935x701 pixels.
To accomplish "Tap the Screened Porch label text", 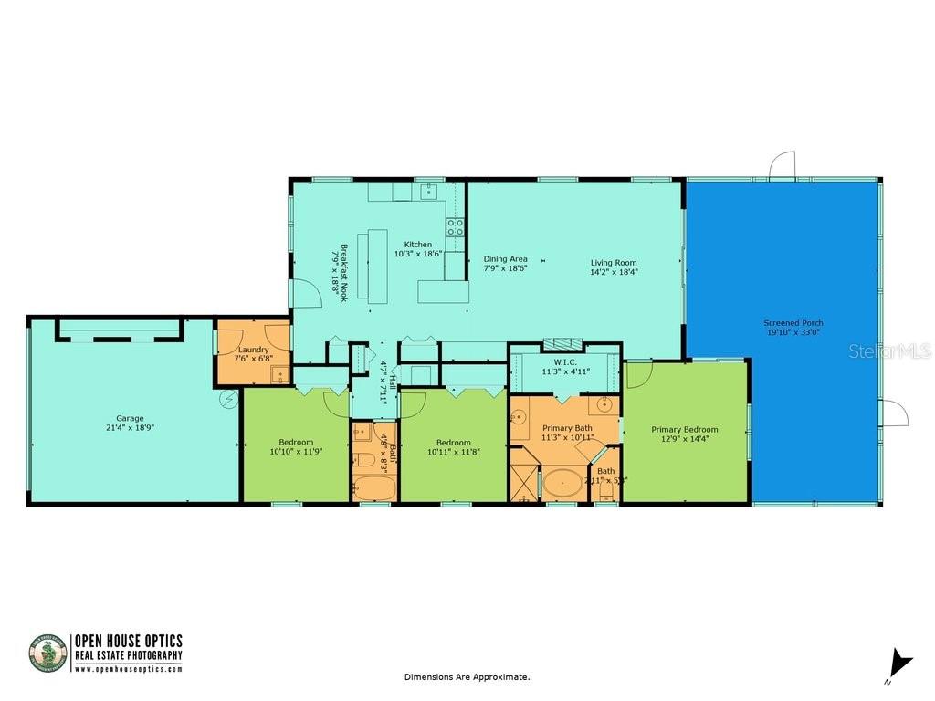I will point(793,323).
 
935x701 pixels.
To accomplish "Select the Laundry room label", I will point(253,350).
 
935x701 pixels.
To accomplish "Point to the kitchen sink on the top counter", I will point(428,193).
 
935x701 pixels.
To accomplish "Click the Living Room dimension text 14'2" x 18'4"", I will point(614,271).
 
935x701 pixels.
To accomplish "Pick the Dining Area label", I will point(505,259).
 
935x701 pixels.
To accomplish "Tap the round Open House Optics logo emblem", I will point(48,654).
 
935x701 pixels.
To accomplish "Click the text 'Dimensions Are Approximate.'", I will point(467,677).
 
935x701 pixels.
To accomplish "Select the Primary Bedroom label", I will point(684,429).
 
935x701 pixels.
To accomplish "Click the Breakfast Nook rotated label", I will point(344,266).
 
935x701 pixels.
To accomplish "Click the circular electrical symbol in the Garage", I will point(228,398).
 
